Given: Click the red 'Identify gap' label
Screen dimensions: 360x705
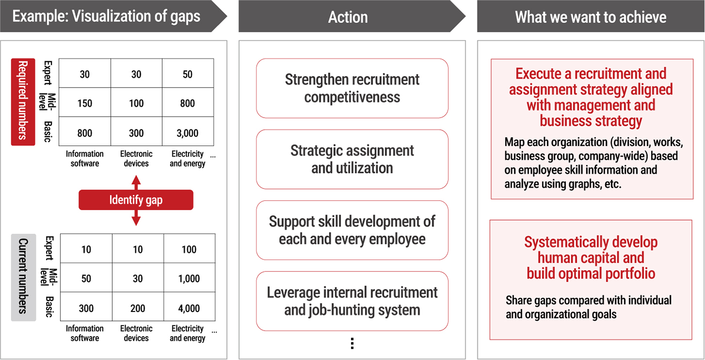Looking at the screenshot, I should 136,200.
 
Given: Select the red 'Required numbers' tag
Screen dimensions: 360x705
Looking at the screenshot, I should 23,102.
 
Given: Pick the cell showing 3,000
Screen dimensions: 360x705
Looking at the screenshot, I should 188,133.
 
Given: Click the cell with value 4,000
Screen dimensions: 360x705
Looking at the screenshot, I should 189,308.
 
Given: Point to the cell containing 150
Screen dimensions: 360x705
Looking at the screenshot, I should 85,103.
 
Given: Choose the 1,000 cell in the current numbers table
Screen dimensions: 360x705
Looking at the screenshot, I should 189,278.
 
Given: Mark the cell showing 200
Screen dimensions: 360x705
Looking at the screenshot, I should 138,308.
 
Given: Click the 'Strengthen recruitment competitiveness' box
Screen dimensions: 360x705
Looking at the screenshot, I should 352,88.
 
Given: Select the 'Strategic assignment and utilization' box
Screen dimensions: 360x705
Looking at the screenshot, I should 352,159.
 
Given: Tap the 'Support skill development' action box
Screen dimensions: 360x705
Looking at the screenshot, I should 352,230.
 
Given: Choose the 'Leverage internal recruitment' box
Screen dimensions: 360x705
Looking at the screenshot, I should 352,301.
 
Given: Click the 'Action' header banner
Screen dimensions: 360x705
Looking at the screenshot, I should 348,17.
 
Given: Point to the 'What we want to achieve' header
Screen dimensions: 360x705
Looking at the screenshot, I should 590,17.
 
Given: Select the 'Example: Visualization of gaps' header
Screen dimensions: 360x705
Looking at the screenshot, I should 107,17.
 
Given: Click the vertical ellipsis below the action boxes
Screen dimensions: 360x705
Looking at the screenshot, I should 352,343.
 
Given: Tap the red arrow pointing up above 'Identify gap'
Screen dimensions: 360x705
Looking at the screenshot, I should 136,181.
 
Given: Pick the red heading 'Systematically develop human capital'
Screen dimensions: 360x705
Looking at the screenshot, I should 591,258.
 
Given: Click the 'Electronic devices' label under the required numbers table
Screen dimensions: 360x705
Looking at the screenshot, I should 136,159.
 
